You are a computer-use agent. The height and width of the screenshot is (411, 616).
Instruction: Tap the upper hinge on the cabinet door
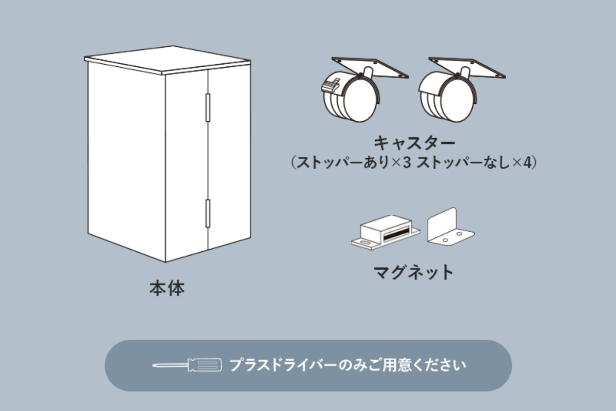[208, 107]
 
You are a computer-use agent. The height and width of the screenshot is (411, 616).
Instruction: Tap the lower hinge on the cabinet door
[208, 213]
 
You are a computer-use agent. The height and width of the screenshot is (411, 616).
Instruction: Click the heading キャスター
[414, 142]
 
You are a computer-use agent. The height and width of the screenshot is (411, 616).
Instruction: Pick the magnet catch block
[385, 233]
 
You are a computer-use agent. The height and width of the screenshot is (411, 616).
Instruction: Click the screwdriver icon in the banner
[187, 365]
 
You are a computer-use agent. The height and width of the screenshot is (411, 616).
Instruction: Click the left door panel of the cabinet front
[186, 164]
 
